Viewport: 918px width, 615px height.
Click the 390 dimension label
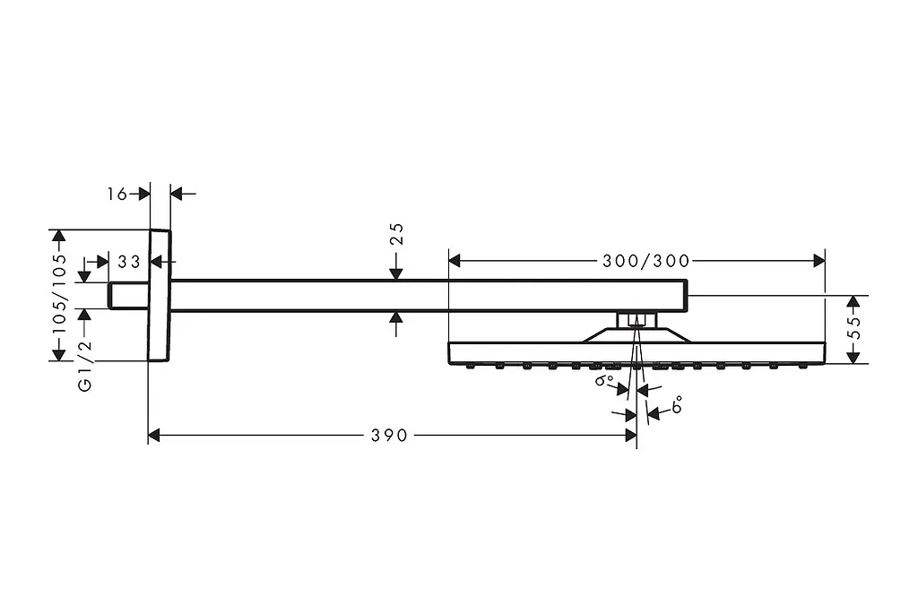coord(389,435)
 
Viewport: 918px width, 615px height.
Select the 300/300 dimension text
coord(646,261)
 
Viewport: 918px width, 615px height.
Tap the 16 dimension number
coord(117,194)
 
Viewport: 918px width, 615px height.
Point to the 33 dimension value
coord(129,261)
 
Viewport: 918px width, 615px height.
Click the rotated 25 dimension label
coord(396,234)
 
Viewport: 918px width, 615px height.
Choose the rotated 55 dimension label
coord(854,328)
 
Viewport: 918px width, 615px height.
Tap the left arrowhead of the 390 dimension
coord(154,435)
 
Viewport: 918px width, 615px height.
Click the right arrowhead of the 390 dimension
coord(630,435)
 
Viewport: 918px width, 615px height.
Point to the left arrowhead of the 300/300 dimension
coord(455,261)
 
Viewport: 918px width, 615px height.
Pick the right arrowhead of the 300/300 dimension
coord(819,261)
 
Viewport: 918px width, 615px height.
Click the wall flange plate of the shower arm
coord(160,295)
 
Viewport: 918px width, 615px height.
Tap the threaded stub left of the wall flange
coord(128,295)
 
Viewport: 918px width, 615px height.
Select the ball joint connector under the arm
coord(637,320)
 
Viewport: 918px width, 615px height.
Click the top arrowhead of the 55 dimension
coord(853,301)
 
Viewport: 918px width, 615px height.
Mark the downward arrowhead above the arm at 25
coord(396,273)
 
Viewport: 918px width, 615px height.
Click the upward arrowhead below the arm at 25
coord(396,317)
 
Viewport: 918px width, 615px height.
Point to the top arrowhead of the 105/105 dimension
coord(58,236)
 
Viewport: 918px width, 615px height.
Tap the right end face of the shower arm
coord(686,295)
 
